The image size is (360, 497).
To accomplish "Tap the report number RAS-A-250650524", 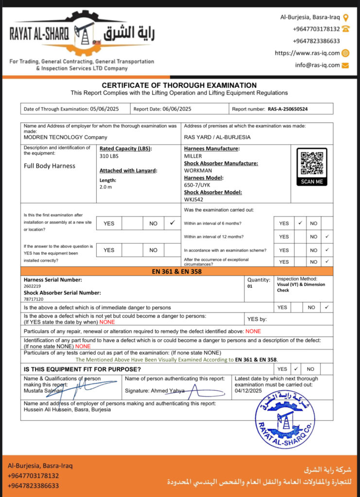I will [x=288, y=109].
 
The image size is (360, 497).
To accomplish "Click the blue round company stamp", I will [x=285, y=418].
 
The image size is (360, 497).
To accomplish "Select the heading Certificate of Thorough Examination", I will [x=179, y=85].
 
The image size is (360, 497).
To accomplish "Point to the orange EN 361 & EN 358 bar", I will [x=177, y=271].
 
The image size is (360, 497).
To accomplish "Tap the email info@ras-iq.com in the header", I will [x=317, y=65].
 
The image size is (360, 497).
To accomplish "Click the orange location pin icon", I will [x=345, y=17].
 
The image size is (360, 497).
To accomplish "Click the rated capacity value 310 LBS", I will [x=109, y=156].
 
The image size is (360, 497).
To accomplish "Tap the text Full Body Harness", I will [x=50, y=166].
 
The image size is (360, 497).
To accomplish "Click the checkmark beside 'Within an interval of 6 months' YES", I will [x=300, y=223].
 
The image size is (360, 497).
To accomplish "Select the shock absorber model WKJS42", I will [x=194, y=199].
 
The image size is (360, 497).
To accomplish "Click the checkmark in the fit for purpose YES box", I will [x=296, y=369].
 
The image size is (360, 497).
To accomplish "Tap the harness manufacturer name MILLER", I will [x=193, y=156].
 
